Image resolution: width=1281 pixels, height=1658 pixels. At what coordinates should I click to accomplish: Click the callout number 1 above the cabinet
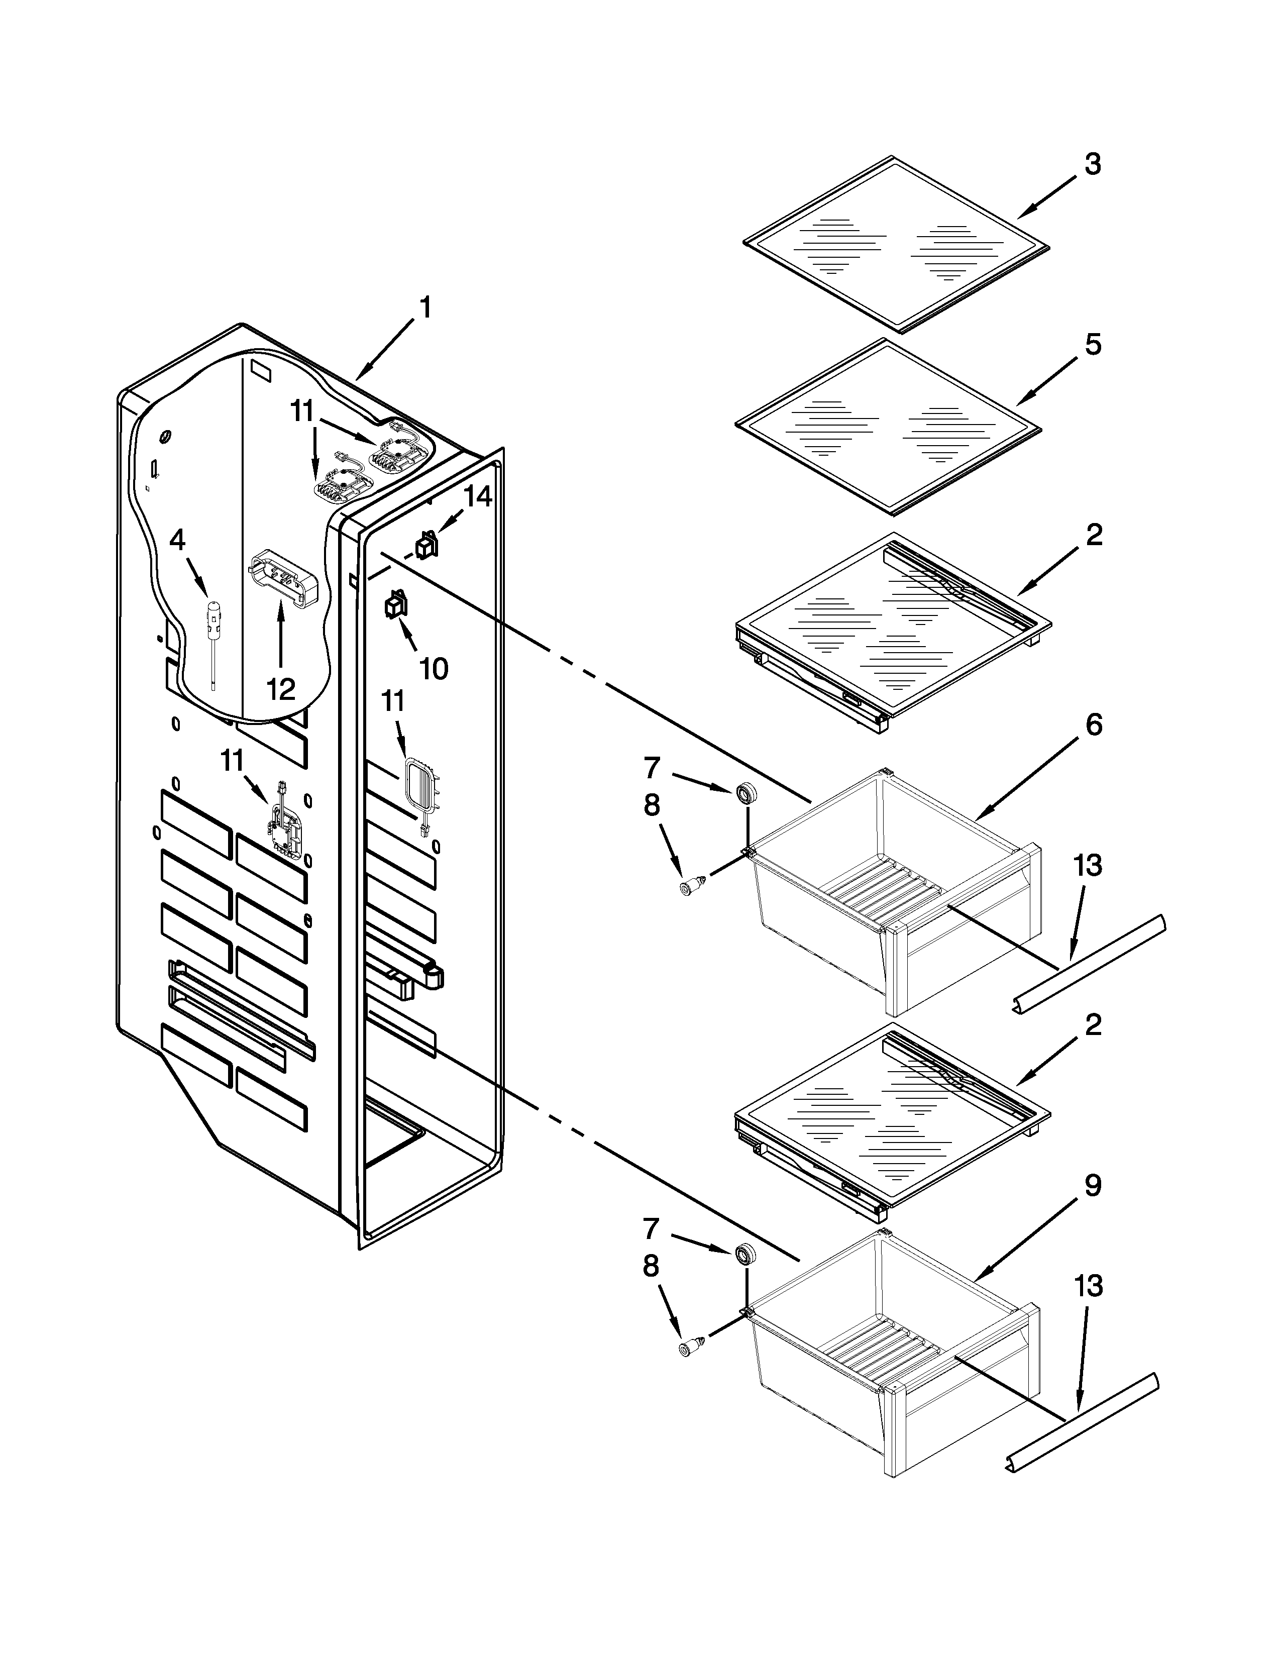point(425,308)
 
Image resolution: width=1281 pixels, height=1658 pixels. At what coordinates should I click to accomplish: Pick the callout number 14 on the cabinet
point(477,497)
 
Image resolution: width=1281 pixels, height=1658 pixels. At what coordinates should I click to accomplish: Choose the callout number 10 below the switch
point(434,669)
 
